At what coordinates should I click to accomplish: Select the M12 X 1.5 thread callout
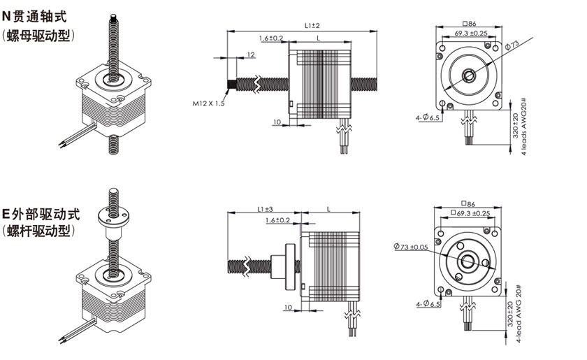point(209,103)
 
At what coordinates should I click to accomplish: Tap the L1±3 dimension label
point(264,209)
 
